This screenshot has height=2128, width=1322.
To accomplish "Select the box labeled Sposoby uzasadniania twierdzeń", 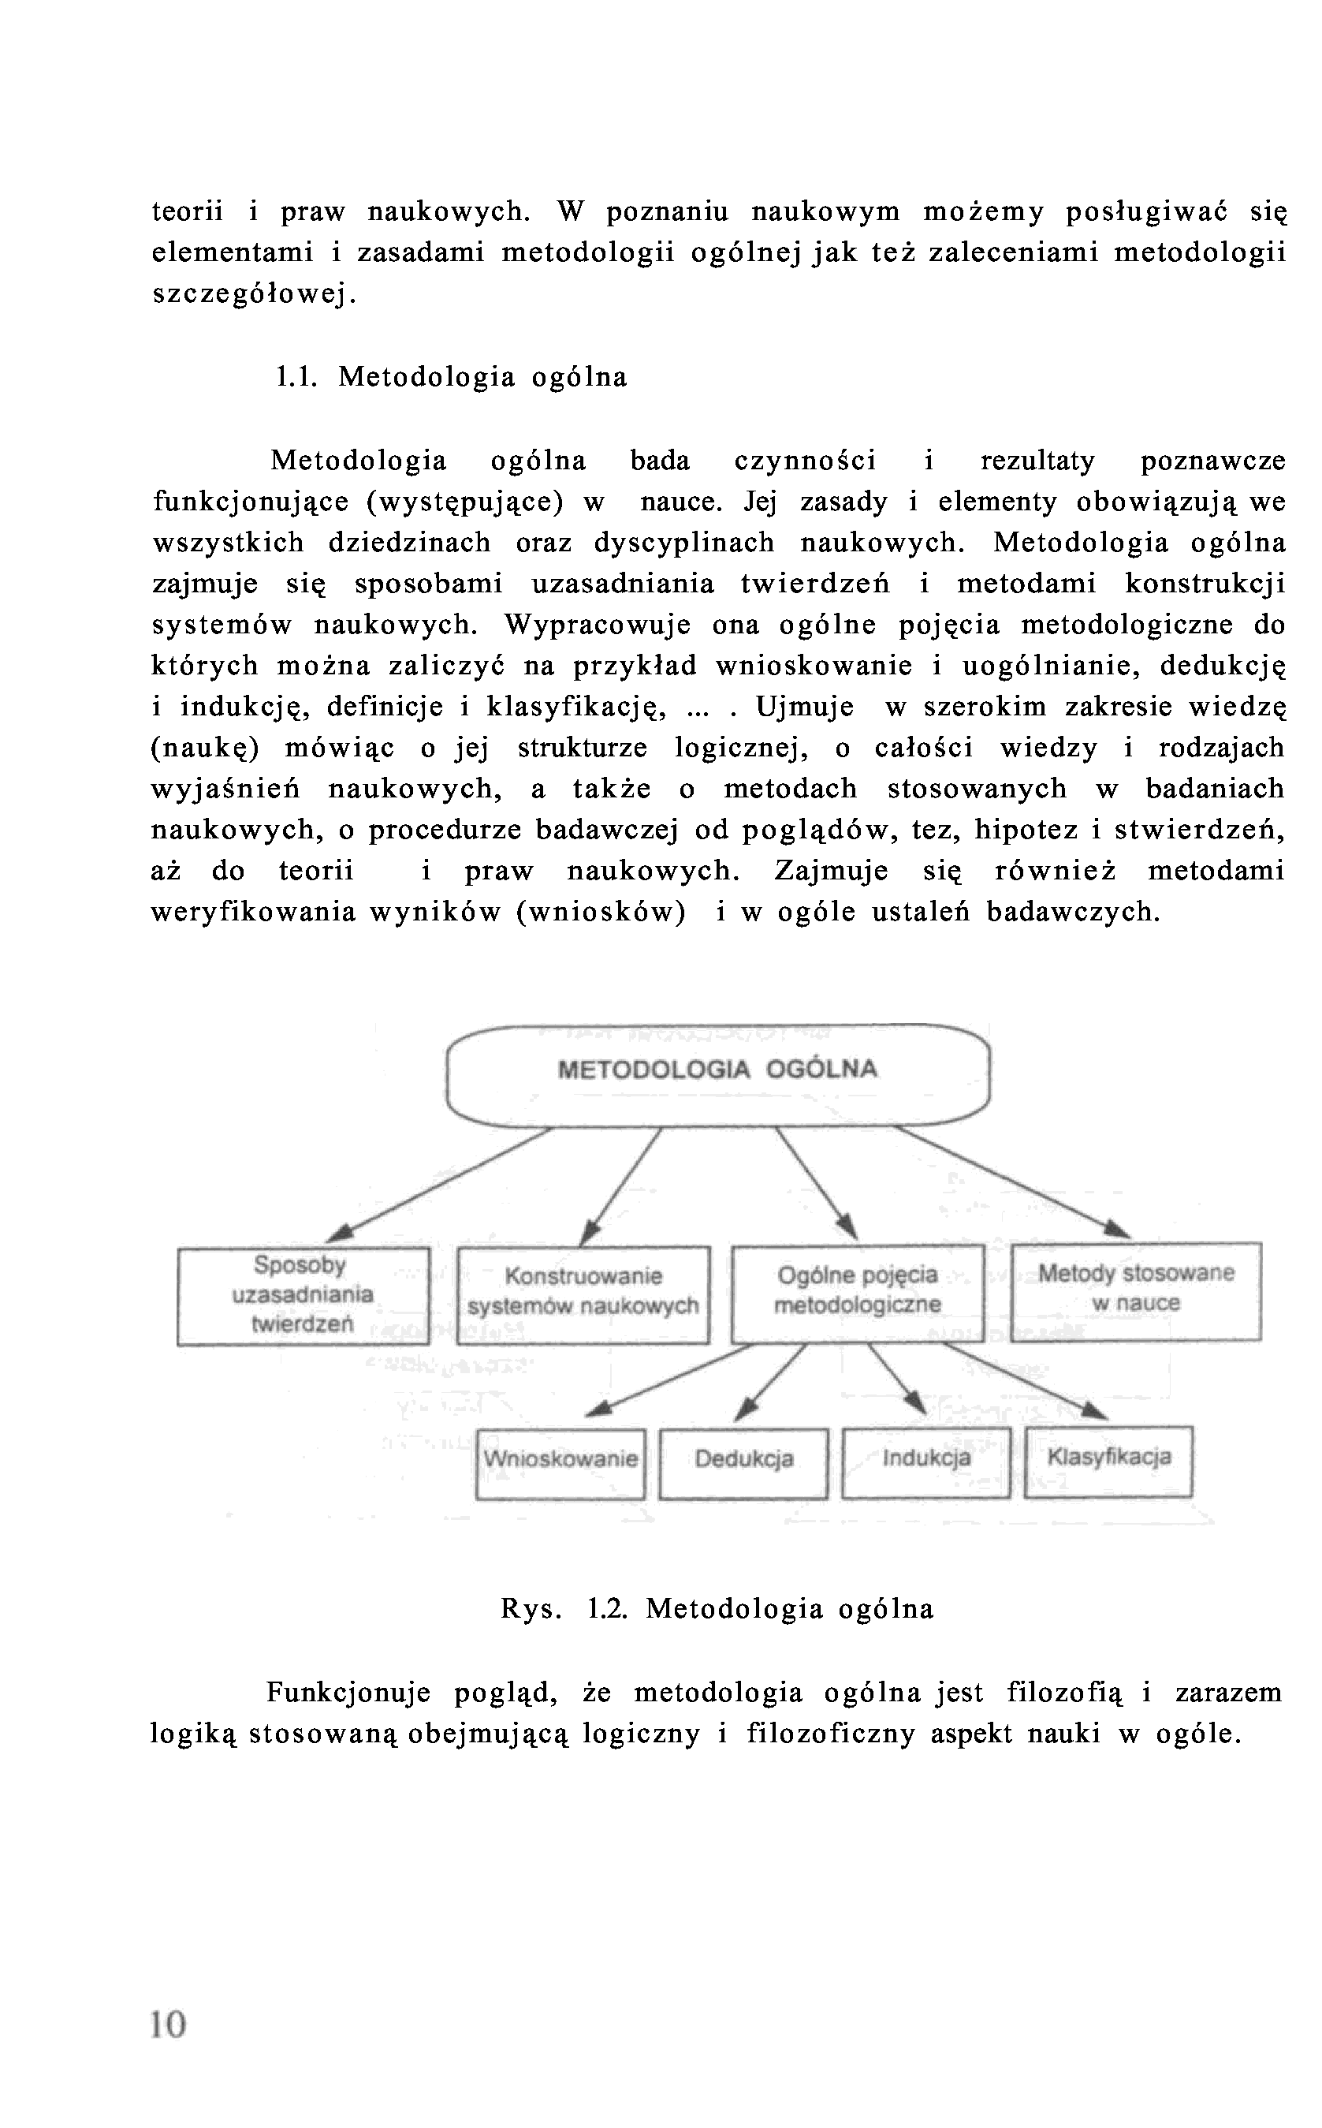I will [x=303, y=1294].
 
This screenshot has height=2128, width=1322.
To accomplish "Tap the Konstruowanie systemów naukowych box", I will [x=583, y=1293].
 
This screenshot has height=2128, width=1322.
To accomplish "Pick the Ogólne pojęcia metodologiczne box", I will [x=857, y=1292].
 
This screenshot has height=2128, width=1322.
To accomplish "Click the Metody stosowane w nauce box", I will [x=1135, y=1290].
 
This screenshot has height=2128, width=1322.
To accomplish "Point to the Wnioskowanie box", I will [x=560, y=1461].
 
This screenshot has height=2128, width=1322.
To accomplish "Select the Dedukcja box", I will [x=743, y=1461].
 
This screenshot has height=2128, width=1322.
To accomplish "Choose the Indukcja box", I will [x=926, y=1460].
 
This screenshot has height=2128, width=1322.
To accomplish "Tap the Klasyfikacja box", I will [x=1108, y=1459].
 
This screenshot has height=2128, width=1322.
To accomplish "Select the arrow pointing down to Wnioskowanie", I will [x=668, y=1379].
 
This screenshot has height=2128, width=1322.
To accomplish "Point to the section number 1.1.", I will [x=295, y=378].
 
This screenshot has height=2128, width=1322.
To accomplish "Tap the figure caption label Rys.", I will [x=530, y=1609].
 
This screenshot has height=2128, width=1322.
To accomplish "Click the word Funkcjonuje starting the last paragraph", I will [x=348, y=1693].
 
